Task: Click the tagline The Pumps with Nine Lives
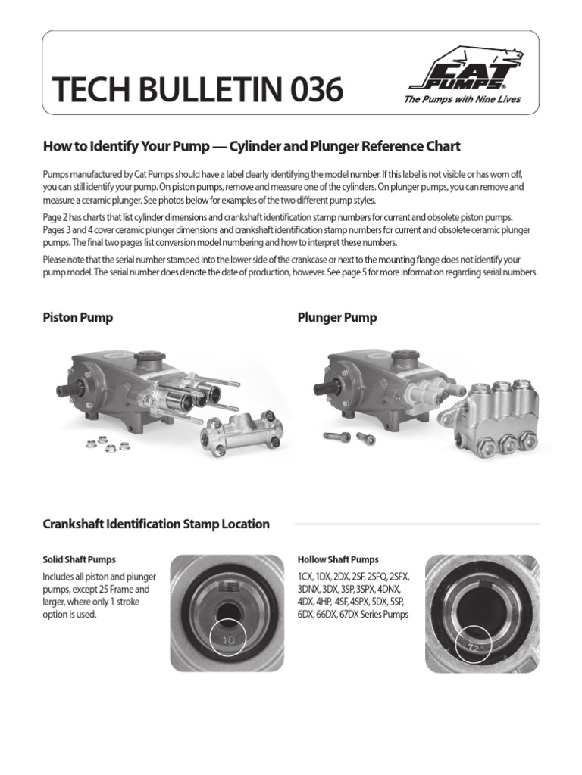click(x=462, y=99)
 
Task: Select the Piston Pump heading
click(x=78, y=318)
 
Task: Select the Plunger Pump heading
click(x=337, y=318)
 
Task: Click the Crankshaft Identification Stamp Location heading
click(x=156, y=524)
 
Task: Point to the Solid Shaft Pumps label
click(x=80, y=560)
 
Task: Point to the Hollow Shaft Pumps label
click(x=338, y=560)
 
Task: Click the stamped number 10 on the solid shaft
click(x=228, y=640)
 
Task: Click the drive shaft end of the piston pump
click(x=61, y=391)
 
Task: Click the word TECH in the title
click(x=84, y=91)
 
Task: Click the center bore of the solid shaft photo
click(x=227, y=611)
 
